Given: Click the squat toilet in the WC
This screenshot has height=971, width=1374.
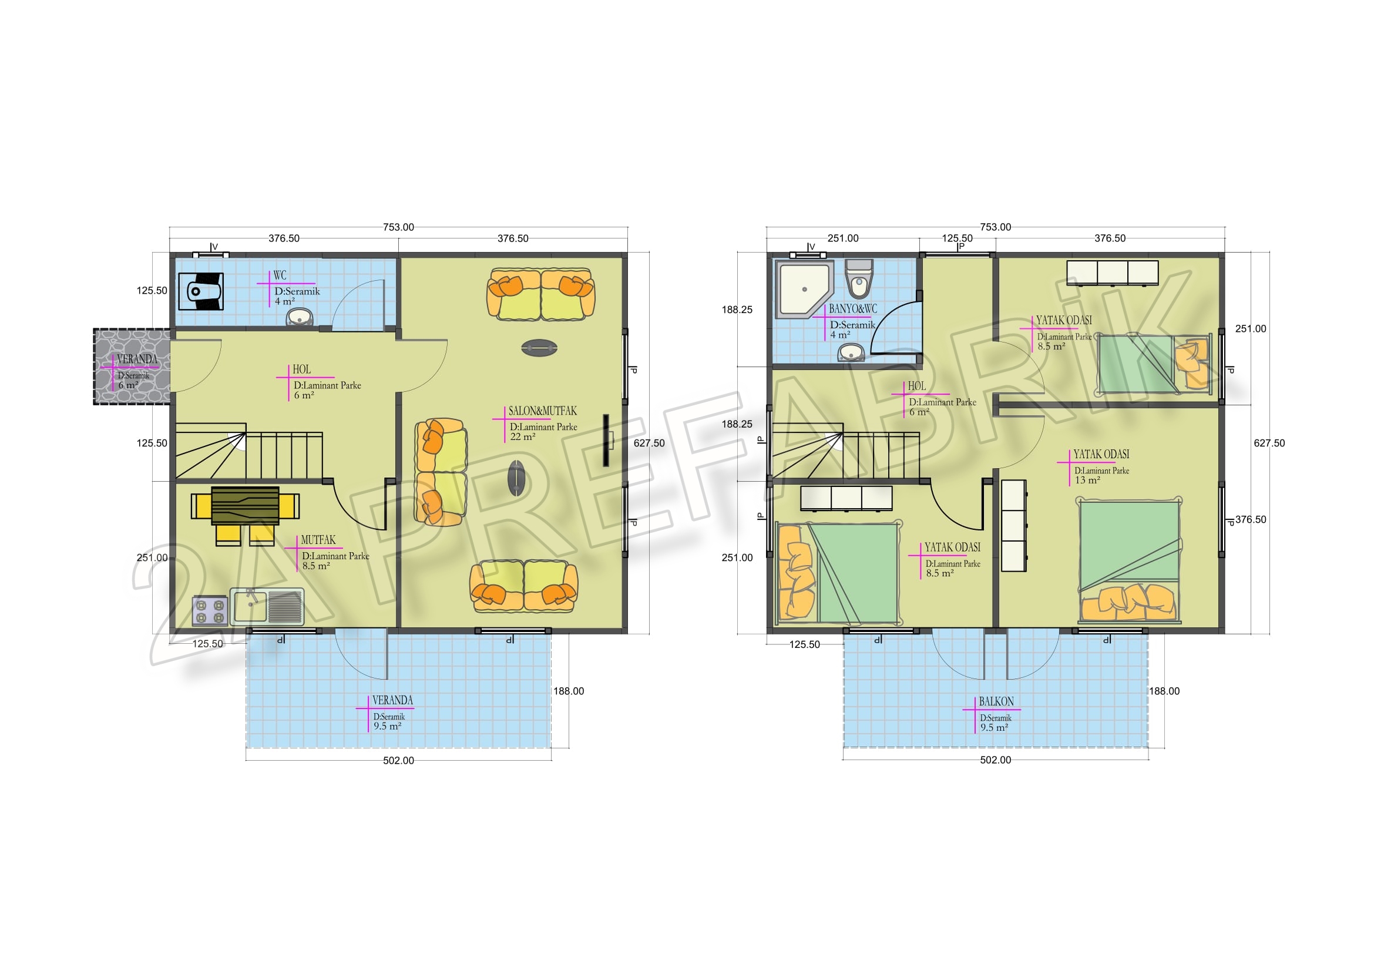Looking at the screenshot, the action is [x=201, y=291].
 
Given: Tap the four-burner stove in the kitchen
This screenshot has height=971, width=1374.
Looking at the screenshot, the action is [x=210, y=611].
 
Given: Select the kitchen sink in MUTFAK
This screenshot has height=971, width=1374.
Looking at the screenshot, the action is [x=267, y=607].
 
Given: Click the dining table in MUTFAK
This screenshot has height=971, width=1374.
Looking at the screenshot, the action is [x=246, y=506].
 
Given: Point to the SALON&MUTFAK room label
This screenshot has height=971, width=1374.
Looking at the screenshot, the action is [x=543, y=411].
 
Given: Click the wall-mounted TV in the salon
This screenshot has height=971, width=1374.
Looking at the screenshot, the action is [x=607, y=441].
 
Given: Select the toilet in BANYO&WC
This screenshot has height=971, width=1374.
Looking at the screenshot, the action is [x=859, y=279].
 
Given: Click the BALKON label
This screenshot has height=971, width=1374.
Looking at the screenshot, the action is [x=996, y=701].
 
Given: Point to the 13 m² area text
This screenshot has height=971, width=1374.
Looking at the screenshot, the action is [x=1087, y=480].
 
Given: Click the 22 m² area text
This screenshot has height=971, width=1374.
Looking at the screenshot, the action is [x=522, y=436].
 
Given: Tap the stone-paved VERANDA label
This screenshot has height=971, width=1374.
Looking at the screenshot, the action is [x=137, y=359].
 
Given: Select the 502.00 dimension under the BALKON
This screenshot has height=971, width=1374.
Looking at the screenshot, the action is [x=996, y=760].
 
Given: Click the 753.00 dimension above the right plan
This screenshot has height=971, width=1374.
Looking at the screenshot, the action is [x=996, y=227].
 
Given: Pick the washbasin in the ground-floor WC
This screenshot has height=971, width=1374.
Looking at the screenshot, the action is [x=299, y=317].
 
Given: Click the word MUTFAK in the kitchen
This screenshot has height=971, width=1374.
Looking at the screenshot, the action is [x=318, y=540].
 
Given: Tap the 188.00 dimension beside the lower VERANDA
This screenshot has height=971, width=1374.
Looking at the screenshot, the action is [x=569, y=691].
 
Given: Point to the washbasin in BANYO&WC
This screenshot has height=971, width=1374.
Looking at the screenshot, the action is [x=851, y=353].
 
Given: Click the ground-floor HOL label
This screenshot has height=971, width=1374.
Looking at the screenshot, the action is [x=301, y=369].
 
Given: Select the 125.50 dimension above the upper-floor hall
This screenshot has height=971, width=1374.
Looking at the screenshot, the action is [x=958, y=238].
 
